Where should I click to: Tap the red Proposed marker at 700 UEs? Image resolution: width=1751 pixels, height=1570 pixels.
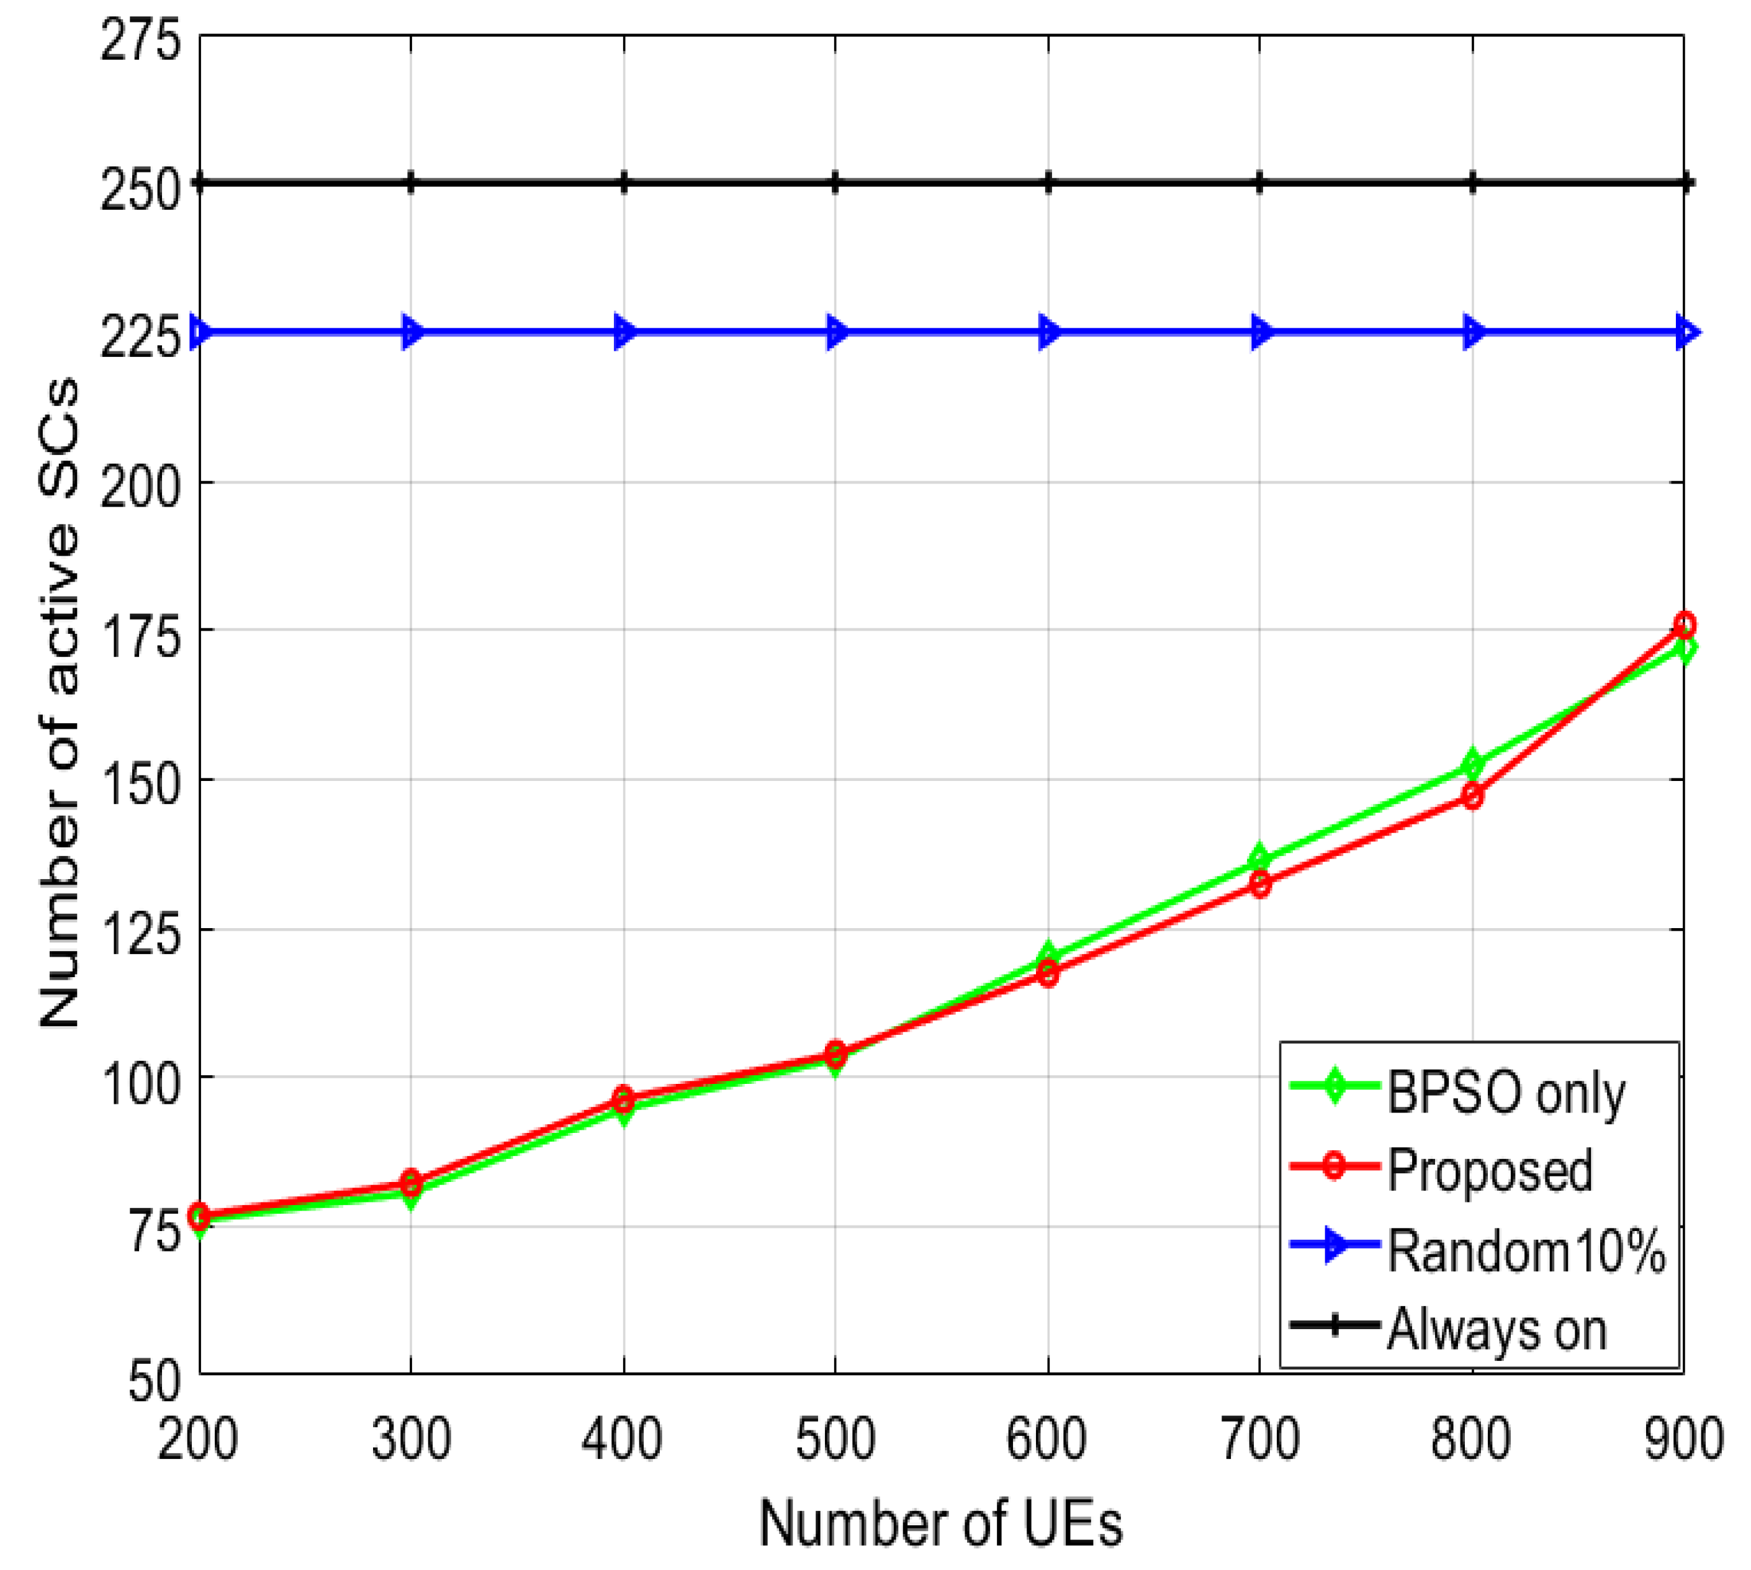[x=1260, y=883]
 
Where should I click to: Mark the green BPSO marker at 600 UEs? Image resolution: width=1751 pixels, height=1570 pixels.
[x=1048, y=956]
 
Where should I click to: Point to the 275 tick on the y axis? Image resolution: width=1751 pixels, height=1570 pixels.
[x=141, y=40]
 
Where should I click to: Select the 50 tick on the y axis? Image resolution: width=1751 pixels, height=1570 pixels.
[x=153, y=1380]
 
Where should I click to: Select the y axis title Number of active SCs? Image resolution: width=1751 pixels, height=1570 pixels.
[x=60, y=703]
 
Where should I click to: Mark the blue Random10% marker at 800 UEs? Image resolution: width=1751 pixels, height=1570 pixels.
[x=1472, y=332]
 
